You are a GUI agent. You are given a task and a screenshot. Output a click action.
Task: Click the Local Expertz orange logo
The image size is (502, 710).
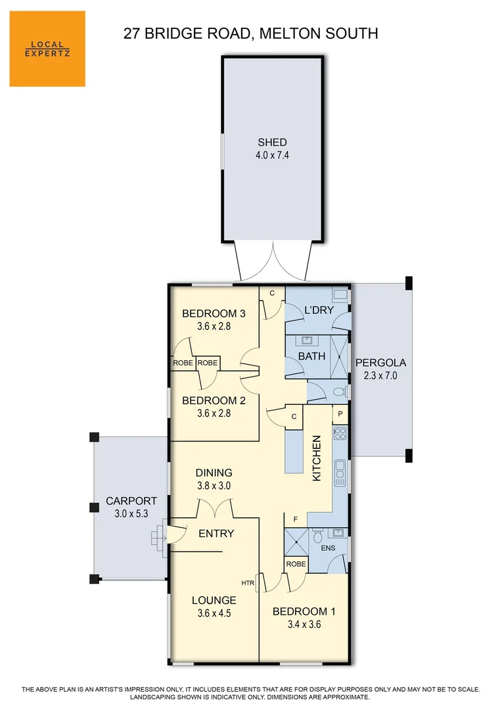(47, 49)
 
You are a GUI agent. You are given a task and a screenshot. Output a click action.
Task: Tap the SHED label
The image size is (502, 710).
(271, 142)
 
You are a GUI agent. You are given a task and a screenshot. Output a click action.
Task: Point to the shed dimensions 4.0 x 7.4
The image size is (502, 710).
(271, 156)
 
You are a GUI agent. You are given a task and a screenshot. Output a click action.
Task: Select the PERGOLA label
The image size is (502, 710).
(380, 362)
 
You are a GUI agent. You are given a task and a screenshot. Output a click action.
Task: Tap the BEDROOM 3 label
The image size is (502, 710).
(215, 313)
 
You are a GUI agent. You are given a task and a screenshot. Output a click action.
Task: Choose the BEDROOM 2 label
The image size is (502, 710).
(215, 400)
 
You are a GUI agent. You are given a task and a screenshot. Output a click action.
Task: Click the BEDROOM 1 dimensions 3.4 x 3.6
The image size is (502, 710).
(304, 625)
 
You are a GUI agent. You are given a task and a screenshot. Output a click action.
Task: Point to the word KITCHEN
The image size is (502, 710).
(317, 458)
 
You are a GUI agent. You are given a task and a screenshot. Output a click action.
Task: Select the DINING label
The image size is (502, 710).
(214, 473)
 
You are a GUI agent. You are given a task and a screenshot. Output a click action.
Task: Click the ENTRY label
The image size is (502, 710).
(216, 533)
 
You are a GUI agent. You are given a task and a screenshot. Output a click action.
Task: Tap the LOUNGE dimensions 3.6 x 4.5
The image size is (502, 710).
(214, 613)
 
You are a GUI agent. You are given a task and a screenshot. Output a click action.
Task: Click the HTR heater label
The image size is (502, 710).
(248, 583)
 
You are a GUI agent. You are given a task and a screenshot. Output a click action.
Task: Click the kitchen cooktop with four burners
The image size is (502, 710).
(340, 433)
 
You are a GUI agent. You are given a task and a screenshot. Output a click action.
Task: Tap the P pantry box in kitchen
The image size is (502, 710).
(340, 414)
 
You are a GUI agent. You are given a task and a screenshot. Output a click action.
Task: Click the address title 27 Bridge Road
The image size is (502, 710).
(250, 33)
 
